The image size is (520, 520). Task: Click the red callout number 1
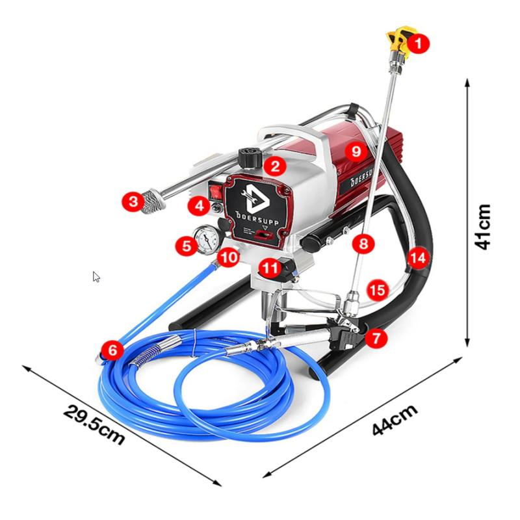click(419, 44)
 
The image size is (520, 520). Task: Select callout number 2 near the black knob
click(275, 166)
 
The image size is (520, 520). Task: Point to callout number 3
click(133, 201)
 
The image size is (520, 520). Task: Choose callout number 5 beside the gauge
click(187, 246)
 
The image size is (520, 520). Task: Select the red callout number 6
click(112, 350)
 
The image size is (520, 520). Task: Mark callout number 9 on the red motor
click(356, 151)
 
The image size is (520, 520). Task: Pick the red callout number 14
click(417, 257)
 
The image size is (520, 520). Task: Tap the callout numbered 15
click(378, 290)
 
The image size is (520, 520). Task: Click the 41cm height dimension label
click(482, 227)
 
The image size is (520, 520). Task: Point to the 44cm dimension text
click(395, 419)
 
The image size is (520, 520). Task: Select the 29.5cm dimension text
click(94, 425)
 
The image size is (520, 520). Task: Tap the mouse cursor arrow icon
click(96, 277)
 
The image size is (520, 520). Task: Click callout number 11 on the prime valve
click(270, 268)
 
